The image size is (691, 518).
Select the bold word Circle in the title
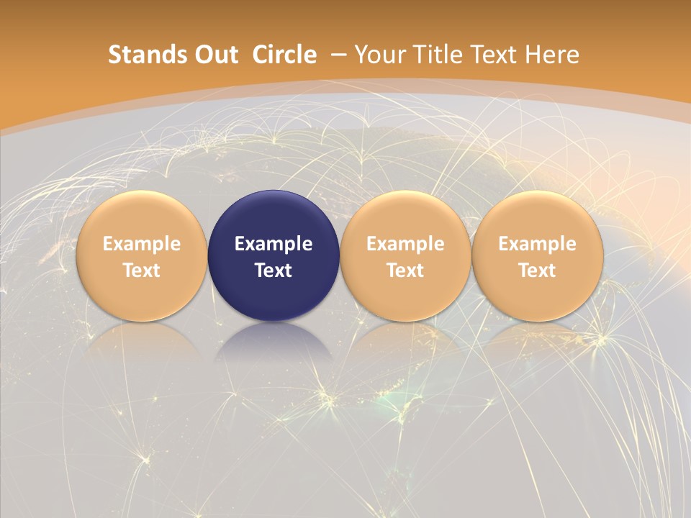pos(284,55)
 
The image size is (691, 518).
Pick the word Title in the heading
pos(437,55)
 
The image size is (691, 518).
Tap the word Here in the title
pos(552,55)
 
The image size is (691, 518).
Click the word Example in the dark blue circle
pos(274,244)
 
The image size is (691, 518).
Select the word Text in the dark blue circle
pos(274,271)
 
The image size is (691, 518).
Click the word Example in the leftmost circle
pos(142,244)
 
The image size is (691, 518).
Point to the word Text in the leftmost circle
pos(142,271)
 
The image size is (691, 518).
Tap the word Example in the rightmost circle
pos(538,244)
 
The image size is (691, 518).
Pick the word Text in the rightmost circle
pos(538,271)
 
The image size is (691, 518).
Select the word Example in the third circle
pos(405,244)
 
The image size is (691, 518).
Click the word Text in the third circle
pos(405,271)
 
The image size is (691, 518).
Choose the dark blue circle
pos(274,216)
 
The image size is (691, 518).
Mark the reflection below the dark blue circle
pos(274,342)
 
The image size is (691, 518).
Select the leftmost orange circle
pos(142,216)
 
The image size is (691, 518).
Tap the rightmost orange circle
pos(538,216)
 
